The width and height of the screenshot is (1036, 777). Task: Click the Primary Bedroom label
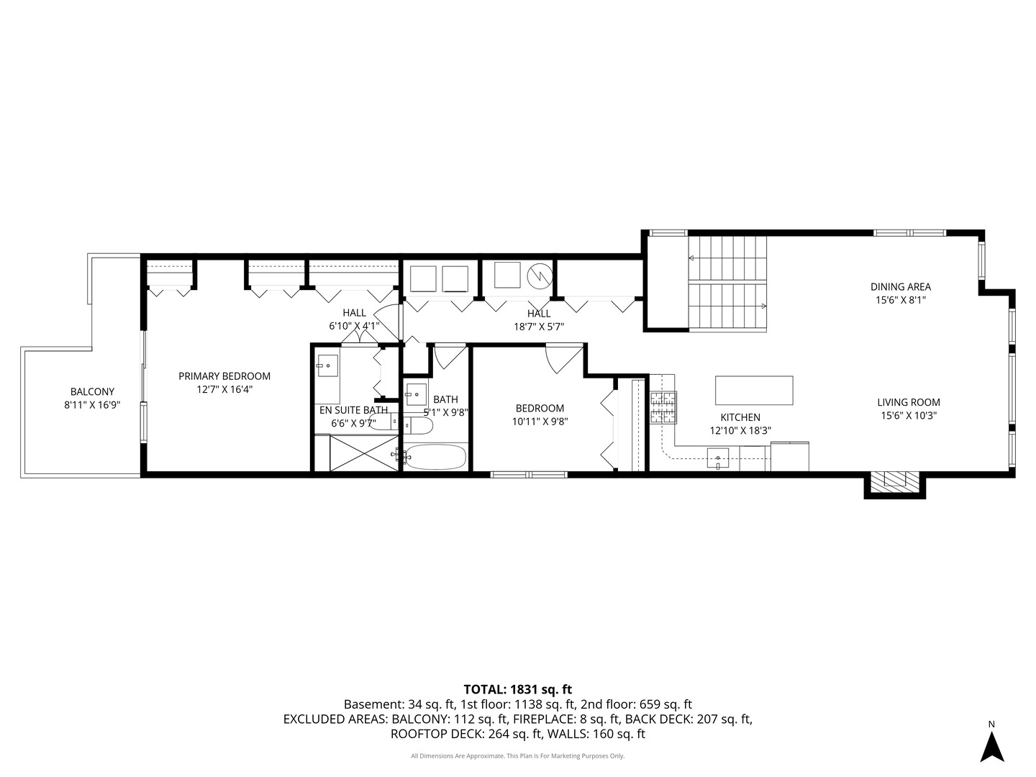click(x=224, y=376)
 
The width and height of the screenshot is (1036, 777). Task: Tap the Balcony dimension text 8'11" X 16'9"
click(x=93, y=405)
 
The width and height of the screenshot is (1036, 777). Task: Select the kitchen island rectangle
click(x=754, y=390)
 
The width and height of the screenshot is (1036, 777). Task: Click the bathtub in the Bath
click(x=435, y=457)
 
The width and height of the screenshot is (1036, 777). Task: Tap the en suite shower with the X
click(x=364, y=453)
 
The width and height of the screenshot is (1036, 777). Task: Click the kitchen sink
click(x=717, y=458)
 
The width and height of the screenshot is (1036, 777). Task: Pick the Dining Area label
click(x=901, y=286)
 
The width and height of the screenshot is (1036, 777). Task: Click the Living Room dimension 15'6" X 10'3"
click(x=909, y=416)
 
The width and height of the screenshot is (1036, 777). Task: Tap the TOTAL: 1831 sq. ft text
click(x=518, y=689)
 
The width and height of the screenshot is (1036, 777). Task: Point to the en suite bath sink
click(x=327, y=365)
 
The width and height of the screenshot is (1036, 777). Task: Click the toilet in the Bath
click(x=418, y=425)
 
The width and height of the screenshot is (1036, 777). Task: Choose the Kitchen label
click(x=740, y=417)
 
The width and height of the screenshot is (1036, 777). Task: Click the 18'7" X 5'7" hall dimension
click(x=539, y=327)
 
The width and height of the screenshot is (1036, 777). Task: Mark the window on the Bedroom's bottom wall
click(x=529, y=475)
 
